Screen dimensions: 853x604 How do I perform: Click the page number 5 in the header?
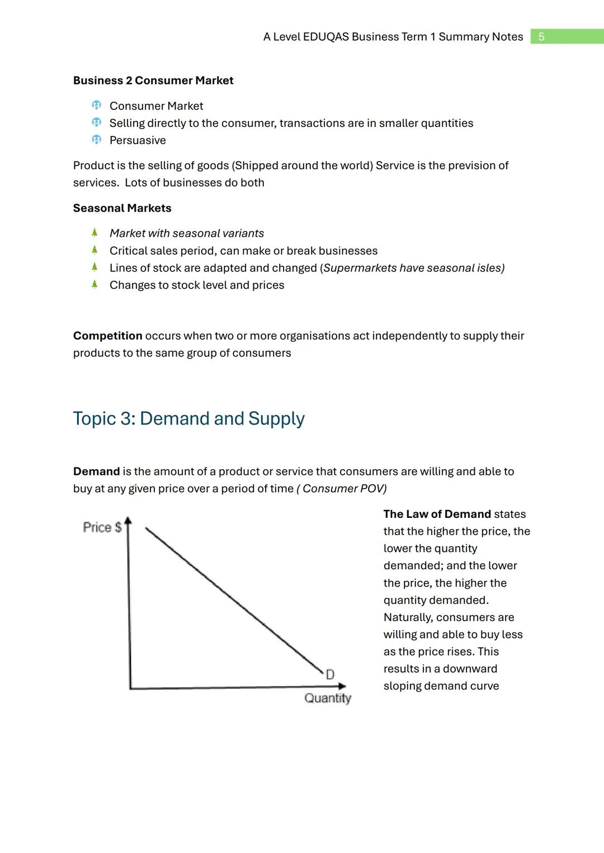tap(541, 37)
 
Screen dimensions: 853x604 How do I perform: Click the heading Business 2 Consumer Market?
tap(153, 80)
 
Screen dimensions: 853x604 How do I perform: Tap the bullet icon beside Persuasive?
tap(96, 140)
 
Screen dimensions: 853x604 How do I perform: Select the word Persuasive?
tap(138, 140)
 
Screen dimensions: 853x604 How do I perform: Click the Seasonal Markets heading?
tap(122, 208)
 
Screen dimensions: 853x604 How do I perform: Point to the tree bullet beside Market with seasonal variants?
tap(95, 232)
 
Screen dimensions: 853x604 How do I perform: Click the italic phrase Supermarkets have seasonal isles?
tap(413, 268)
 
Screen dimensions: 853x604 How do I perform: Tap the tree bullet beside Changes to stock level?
tap(95, 284)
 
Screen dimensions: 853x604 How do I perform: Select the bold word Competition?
tap(107, 336)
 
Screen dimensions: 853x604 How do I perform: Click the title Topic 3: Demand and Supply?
tap(188, 418)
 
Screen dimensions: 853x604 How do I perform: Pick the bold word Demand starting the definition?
tap(96, 471)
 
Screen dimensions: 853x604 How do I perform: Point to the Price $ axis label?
tap(102, 527)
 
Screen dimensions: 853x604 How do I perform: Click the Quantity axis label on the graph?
tap(328, 698)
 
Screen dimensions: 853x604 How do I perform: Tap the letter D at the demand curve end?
tap(330, 674)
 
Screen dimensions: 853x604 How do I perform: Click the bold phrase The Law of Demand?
tap(437, 514)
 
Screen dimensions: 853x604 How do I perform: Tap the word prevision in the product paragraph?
tap(469, 165)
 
